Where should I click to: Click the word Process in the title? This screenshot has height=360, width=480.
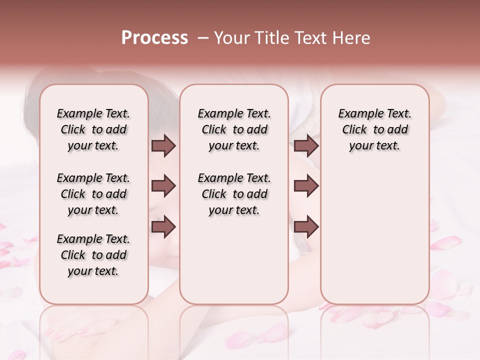pyautogui.click(x=154, y=38)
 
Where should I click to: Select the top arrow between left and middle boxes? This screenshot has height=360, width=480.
pyautogui.click(x=163, y=146)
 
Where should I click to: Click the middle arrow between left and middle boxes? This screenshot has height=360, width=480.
pyautogui.click(x=163, y=186)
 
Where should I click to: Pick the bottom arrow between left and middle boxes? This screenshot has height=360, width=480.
pyautogui.click(x=163, y=226)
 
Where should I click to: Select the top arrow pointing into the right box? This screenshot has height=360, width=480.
pyautogui.click(x=306, y=146)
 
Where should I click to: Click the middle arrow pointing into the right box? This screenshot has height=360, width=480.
pyautogui.click(x=306, y=186)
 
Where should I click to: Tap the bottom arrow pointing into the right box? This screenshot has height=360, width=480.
pyautogui.click(x=306, y=226)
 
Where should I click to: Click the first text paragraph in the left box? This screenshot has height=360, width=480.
pyautogui.click(x=93, y=129)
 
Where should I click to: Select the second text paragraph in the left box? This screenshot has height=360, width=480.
pyautogui.click(x=93, y=194)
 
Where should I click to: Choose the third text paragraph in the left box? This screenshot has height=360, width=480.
pyautogui.click(x=93, y=255)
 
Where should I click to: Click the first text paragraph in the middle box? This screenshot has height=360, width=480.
pyautogui.click(x=234, y=129)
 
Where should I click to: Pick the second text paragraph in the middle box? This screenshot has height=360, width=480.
pyautogui.click(x=234, y=194)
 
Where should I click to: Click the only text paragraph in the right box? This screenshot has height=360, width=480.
pyautogui.click(x=374, y=129)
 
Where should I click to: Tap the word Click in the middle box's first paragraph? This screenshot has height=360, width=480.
pyautogui.click(x=214, y=130)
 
